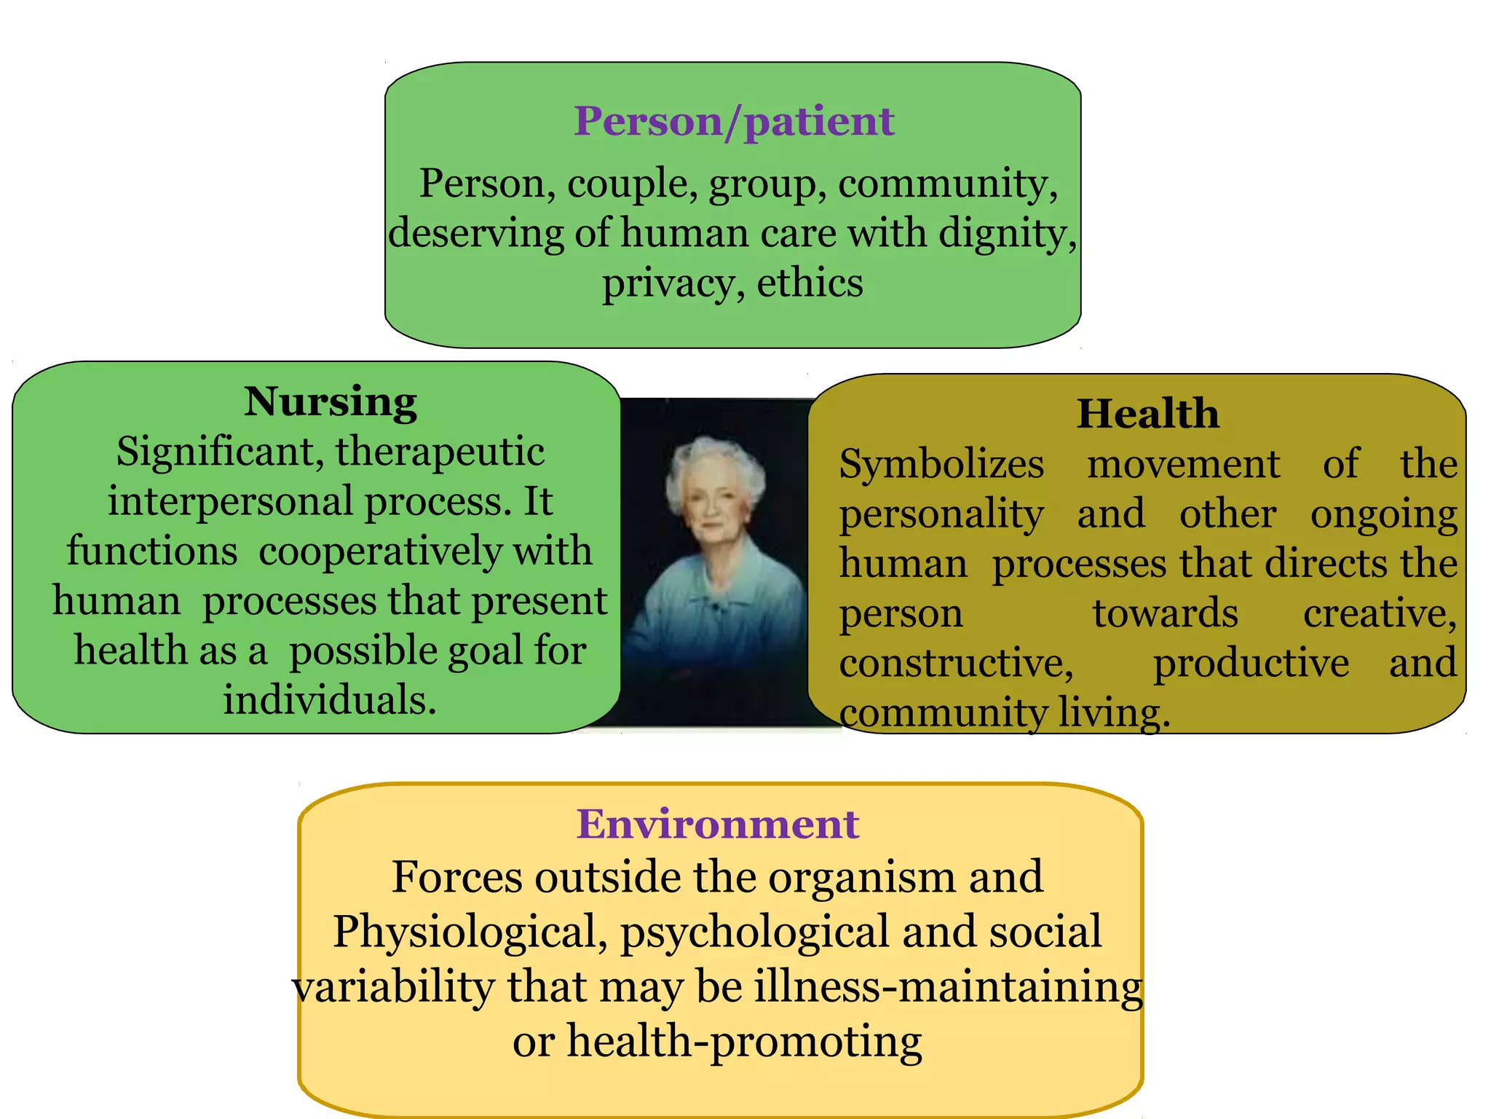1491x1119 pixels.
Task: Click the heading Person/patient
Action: (x=733, y=121)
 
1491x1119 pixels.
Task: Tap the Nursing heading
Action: (x=331, y=401)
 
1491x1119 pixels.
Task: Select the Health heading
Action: (x=1147, y=414)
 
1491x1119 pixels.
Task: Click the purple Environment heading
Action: (x=718, y=824)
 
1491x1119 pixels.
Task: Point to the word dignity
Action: (x=1007, y=234)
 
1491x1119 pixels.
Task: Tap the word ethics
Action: (x=810, y=283)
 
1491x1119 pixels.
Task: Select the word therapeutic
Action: (x=440, y=452)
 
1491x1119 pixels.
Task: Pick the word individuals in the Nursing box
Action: (x=329, y=700)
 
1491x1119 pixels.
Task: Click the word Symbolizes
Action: (x=941, y=464)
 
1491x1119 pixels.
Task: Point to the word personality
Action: (x=941, y=514)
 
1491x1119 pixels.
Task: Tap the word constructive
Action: (x=956, y=663)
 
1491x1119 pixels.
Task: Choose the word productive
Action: (x=1251, y=663)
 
